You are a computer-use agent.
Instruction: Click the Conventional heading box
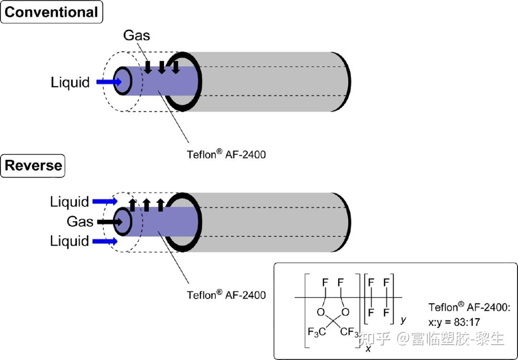tap(51, 12)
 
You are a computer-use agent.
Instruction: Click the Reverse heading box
tap(33, 166)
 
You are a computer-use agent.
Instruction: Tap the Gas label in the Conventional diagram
tap(137, 36)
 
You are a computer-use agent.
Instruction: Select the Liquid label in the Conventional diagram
tap(70, 82)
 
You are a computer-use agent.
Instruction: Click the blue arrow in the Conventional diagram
tap(109, 82)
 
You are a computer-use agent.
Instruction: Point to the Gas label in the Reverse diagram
tap(80, 221)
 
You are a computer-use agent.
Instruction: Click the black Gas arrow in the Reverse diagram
tap(109, 222)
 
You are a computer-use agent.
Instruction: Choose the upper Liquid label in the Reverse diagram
tap(70, 202)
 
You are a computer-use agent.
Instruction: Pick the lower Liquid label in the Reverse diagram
tap(70, 241)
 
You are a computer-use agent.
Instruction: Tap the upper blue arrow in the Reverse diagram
tap(105, 201)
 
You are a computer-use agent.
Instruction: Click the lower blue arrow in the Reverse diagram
tap(105, 241)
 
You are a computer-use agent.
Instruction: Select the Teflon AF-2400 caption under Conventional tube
tap(226, 154)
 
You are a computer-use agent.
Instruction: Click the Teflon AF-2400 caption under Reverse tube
tap(226, 294)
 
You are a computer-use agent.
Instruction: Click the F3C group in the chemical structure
tap(317, 331)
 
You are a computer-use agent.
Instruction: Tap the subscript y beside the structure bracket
tap(403, 320)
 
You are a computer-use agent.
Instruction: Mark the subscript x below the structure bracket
tap(368, 349)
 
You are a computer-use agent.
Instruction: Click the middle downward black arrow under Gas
tap(162, 67)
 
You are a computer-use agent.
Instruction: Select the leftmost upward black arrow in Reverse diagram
tap(132, 205)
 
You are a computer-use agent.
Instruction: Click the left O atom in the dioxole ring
tap(320, 312)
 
